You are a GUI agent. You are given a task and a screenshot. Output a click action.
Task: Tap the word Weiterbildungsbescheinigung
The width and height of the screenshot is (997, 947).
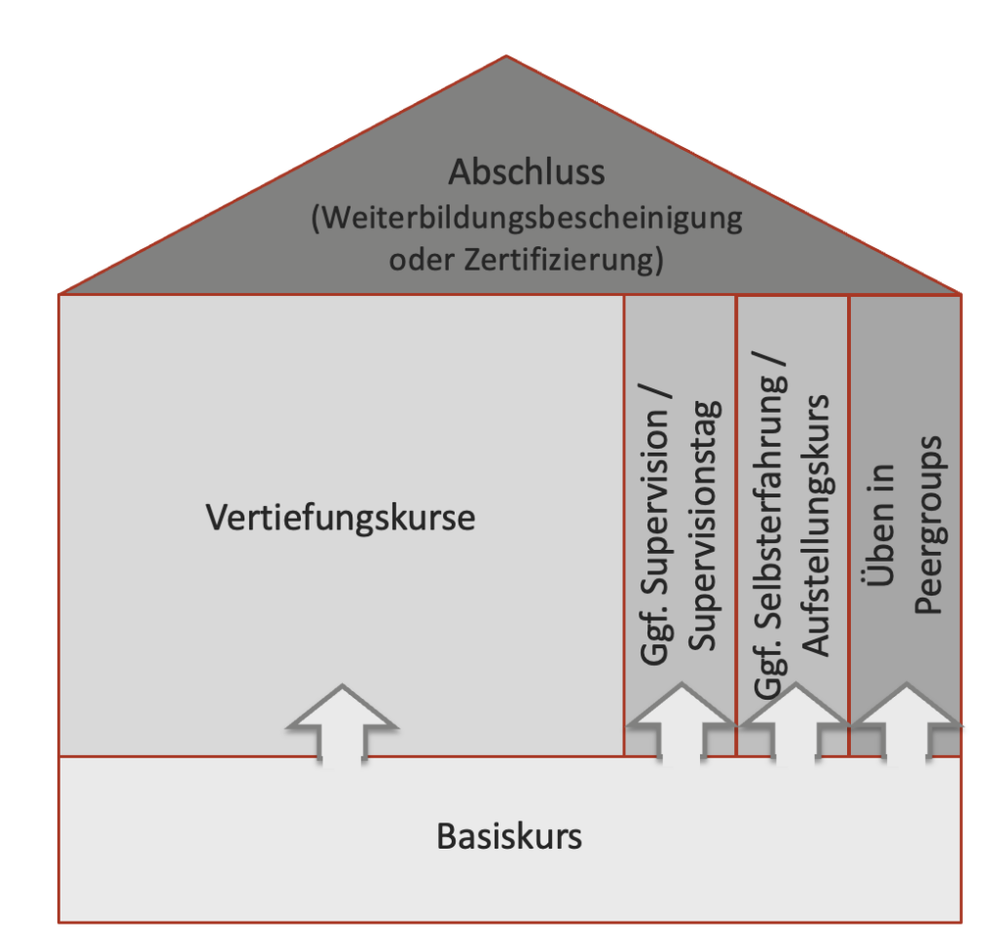pyautogui.click(x=532, y=219)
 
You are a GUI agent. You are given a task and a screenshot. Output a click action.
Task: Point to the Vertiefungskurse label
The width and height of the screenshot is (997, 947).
pyautogui.click(x=340, y=518)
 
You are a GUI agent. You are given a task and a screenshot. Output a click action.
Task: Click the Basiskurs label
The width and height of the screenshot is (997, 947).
pyautogui.click(x=508, y=836)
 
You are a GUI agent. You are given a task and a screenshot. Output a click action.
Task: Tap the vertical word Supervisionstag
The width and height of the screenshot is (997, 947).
pyautogui.click(x=705, y=526)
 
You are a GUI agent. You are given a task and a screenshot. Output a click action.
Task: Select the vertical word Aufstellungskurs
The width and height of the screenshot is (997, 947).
pyautogui.click(x=816, y=526)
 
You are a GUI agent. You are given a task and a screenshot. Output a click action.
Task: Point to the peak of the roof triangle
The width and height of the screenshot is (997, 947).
pyautogui.click(x=506, y=55)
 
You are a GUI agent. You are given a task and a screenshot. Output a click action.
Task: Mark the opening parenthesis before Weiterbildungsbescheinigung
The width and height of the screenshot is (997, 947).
pyautogui.click(x=316, y=219)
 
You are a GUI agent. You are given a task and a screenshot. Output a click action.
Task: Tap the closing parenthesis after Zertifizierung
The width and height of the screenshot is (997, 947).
pyautogui.click(x=658, y=260)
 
